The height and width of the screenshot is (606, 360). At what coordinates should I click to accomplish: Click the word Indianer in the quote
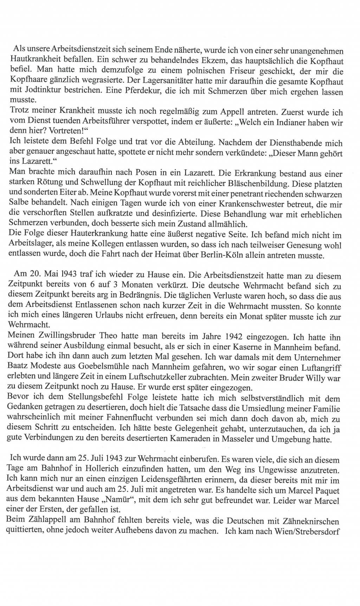point(292,123)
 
